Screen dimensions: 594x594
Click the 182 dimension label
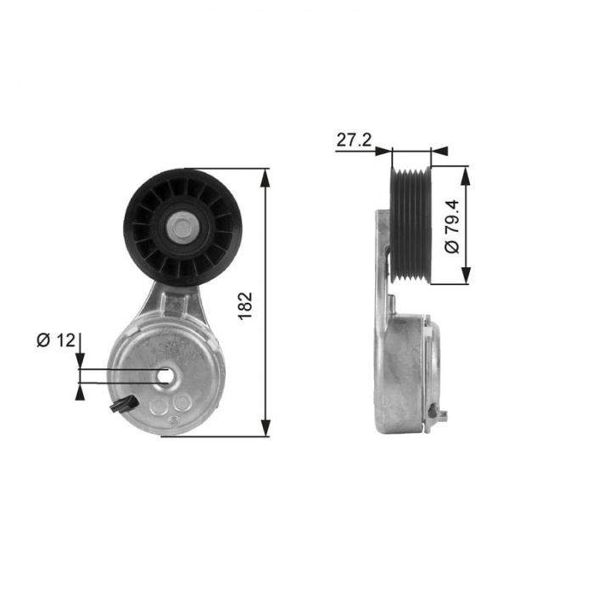click(x=245, y=305)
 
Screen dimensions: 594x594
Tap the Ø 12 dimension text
click(x=56, y=340)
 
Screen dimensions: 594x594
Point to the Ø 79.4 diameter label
click(x=451, y=227)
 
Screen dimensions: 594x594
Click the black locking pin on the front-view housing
click(x=123, y=404)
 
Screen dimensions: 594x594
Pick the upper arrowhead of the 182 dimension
click(x=266, y=178)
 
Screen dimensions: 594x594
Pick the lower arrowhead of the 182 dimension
click(x=266, y=427)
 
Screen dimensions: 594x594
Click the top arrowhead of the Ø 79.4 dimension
click(x=466, y=175)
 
